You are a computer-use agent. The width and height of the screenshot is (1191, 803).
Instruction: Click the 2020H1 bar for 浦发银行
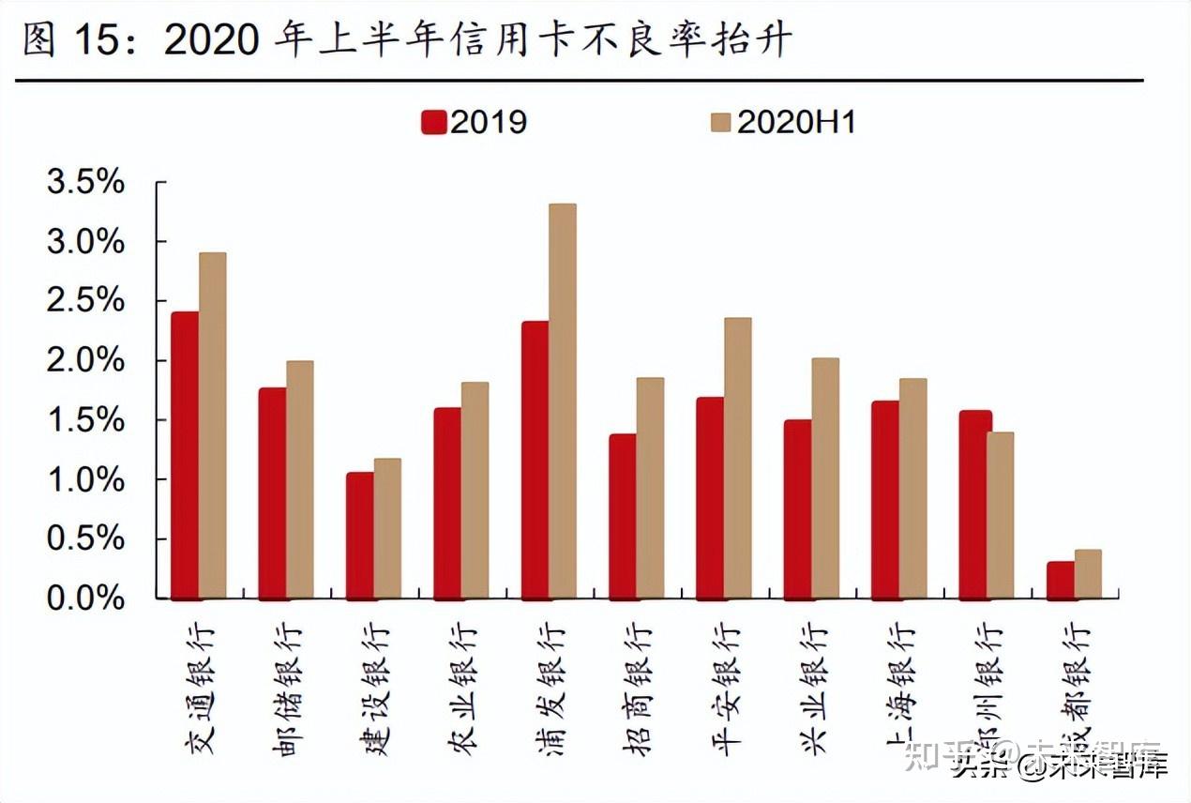[563, 401]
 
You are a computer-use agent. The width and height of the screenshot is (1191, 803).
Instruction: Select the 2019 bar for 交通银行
[185, 455]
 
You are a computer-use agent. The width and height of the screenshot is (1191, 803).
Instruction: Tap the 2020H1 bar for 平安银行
[738, 458]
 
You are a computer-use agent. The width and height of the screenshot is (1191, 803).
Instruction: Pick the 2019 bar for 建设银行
[359, 535]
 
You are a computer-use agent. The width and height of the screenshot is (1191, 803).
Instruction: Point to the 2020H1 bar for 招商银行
[650, 488]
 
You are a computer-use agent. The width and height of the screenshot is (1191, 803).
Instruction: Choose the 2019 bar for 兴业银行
[797, 508]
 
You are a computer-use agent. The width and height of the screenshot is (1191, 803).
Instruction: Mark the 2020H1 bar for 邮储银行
[300, 479]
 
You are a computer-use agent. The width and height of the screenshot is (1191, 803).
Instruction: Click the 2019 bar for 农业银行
[447, 503]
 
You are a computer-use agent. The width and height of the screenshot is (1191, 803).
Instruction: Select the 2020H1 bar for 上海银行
[912, 488]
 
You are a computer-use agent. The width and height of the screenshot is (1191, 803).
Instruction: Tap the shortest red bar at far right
[1060, 580]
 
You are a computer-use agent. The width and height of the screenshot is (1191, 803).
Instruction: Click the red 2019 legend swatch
[433, 122]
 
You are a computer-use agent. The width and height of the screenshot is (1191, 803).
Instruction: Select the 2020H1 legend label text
[796, 122]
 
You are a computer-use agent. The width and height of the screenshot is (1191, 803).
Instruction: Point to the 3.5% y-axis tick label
[85, 182]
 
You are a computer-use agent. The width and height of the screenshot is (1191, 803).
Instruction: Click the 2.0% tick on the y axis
[85, 360]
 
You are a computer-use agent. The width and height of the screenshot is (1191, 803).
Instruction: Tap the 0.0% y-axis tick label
[85, 598]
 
